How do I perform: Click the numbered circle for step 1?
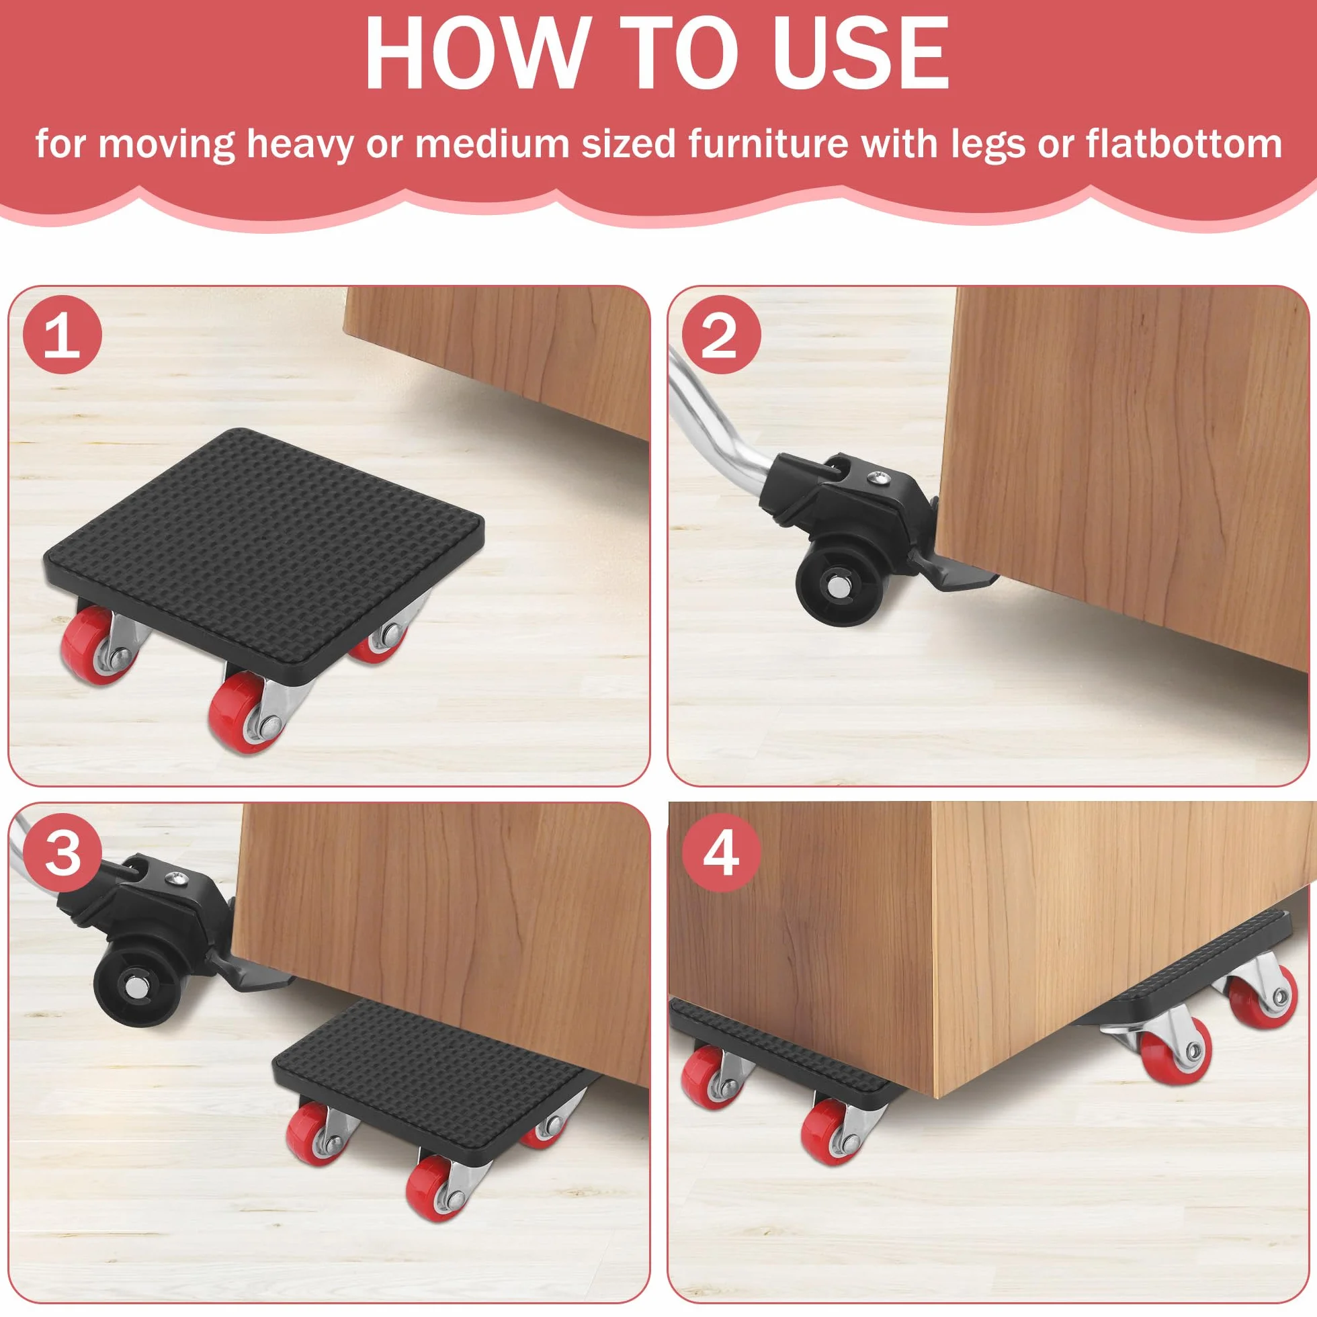coord(62,335)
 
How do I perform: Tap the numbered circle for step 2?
coord(721,335)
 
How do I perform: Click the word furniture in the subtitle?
coord(768,144)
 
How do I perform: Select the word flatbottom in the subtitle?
coord(1184,144)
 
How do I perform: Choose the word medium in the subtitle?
coord(491,144)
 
